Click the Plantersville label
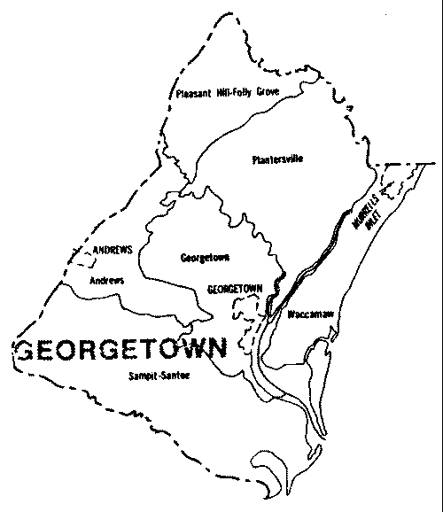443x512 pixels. click(278, 159)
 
